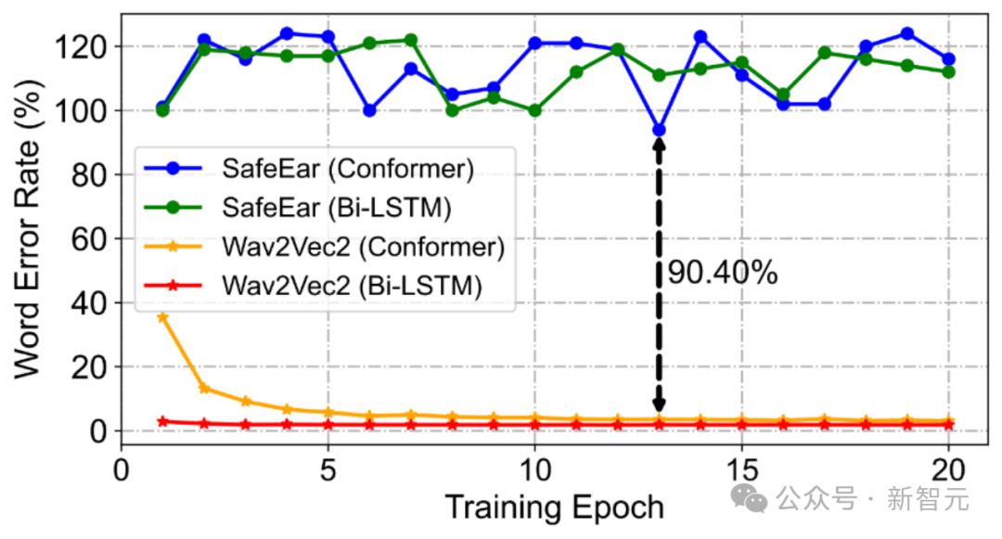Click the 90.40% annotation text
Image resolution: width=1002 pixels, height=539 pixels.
pyautogui.click(x=722, y=273)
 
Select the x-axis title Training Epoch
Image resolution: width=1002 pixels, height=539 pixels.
pyautogui.click(x=554, y=507)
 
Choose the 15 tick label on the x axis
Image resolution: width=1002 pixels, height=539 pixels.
pyautogui.click(x=741, y=468)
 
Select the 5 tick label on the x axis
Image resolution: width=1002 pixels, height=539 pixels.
pyautogui.click(x=328, y=468)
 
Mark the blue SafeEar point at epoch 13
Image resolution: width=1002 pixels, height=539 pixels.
pyautogui.click(x=659, y=130)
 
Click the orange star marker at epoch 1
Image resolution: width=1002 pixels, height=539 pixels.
pyautogui.click(x=162, y=317)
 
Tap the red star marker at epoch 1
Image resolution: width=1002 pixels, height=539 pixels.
pyautogui.click(x=162, y=422)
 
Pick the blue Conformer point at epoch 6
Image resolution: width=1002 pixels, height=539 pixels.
pyautogui.click(x=369, y=110)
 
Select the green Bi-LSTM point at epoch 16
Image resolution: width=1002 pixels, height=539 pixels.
pyautogui.click(x=783, y=95)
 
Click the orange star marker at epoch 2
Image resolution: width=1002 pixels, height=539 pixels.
pyautogui.click(x=204, y=389)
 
